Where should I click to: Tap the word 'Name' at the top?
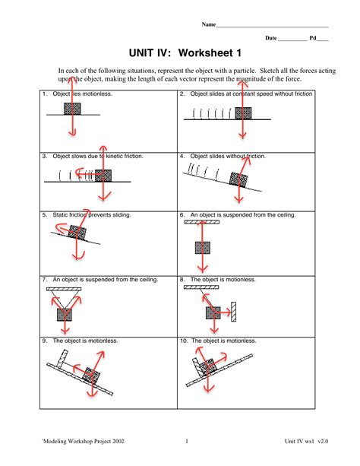click(x=208, y=24)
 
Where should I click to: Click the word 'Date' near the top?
click(x=270, y=38)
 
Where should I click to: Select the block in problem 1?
click(x=72, y=110)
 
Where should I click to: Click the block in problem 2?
click(x=243, y=114)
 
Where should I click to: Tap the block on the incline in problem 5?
click(x=77, y=233)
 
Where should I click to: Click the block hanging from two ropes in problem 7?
click(x=64, y=310)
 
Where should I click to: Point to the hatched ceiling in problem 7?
click(x=65, y=289)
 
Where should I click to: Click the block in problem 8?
click(x=213, y=312)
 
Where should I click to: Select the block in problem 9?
click(x=92, y=376)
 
